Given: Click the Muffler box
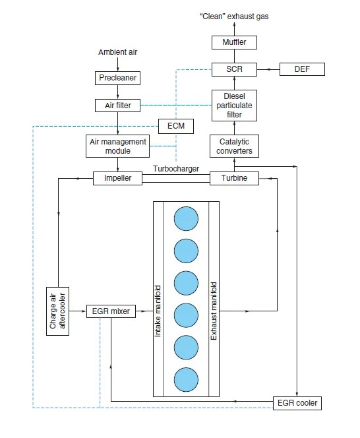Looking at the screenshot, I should coord(234,43).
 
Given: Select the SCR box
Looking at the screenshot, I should coord(234,69).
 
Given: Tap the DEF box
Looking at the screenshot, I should coord(301,69).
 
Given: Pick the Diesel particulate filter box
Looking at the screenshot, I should coord(234,105).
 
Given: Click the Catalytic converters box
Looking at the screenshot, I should coord(234,146).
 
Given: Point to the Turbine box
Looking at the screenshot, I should coord(234,178).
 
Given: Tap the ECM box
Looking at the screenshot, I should coord(175,125).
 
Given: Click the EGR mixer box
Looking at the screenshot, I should coord(111,310).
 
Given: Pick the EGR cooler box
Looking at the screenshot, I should coord(297,402).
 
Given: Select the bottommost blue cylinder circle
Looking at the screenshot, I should coord(185,381).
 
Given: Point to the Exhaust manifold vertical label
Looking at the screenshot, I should coord(214,310).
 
